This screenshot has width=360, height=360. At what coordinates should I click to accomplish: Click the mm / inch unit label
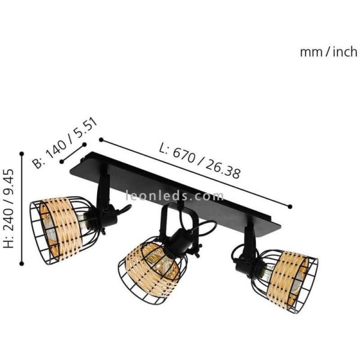(328, 52)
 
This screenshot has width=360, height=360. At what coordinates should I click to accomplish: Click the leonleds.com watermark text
(175, 196)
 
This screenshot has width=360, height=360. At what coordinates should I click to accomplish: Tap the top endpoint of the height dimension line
(22, 151)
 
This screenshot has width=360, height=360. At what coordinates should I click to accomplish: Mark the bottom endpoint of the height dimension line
(22, 263)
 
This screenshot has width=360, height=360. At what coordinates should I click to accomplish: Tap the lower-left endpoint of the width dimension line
(61, 161)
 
